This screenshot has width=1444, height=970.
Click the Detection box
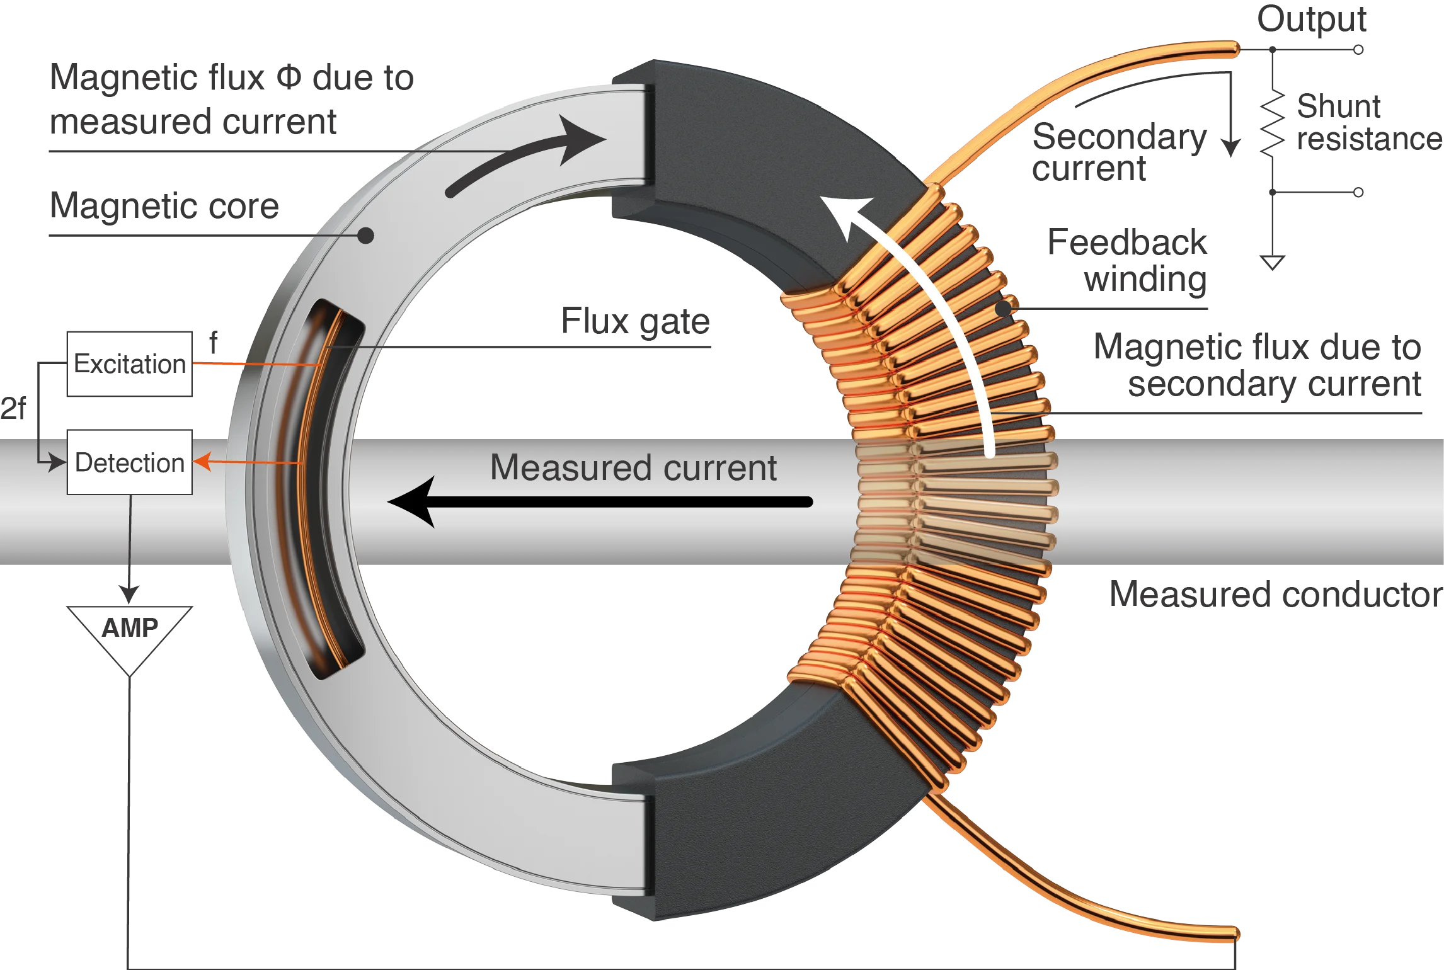[x=130, y=462]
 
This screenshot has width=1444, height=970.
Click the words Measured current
[x=633, y=468]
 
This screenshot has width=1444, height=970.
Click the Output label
[x=1312, y=20]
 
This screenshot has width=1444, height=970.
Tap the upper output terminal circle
[x=1359, y=48]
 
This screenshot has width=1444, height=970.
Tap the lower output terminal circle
[x=1359, y=192]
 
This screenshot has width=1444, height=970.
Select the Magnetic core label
[x=165, y=208]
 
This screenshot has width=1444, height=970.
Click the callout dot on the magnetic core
[x=365, y=236]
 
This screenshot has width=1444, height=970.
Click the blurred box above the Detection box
[x=130, y=363]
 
